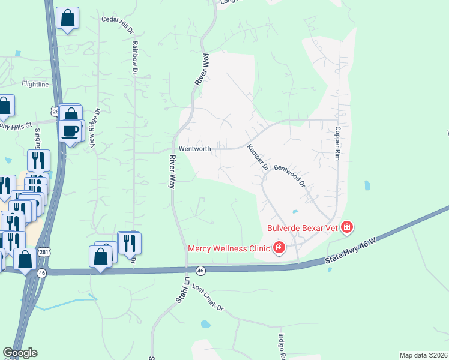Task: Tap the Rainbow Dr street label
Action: click(135, 58)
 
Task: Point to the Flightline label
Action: click(35, 85)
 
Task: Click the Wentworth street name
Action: click(195, 149)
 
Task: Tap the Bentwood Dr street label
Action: click(290, 176)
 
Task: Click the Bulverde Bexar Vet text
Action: click(302, 227)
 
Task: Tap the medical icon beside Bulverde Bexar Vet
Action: click(346, 227)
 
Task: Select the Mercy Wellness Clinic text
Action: click(229, 247)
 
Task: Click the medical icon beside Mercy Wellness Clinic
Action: click(279, 247)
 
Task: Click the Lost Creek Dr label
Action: click(208, 298)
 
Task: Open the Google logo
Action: click(20, 353)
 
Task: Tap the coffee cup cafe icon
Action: click(70, 131)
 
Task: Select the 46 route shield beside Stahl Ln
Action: click(200, 271)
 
